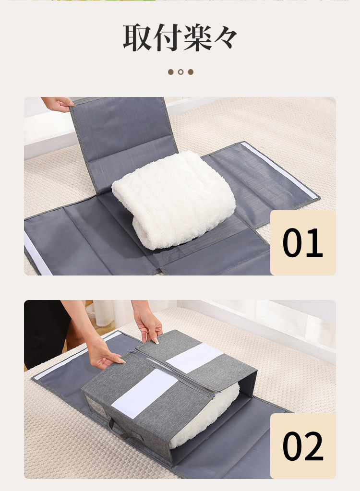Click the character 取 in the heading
click(x=137, y=37)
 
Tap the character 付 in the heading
click(x=166, y=37)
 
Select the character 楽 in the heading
click(x=196, y=37)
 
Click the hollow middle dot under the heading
click(x=180, y=72)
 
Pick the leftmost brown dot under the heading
click(x=170, y=72)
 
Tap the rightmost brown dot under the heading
click(x=191, y=72)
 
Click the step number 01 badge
click(x=303, y=243)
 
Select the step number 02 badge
click(x=303, y=446)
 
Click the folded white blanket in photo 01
click(x=174, y=199)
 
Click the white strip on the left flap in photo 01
click(x=37, y=253)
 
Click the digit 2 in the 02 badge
click(x=313, y=446)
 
